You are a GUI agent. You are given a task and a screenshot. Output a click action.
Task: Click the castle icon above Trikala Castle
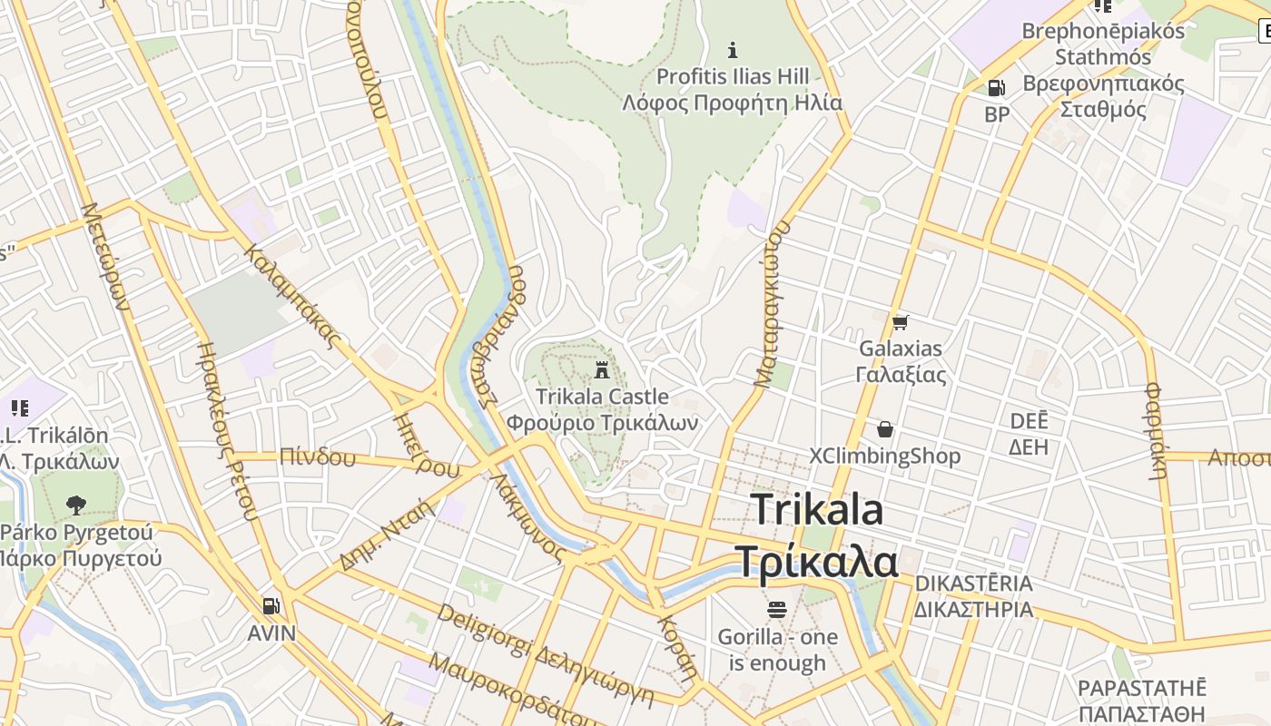pyautogui.click(x=601, y=369)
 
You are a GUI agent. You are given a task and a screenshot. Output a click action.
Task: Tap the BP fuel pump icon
pyautogui.click(x=996, y=88)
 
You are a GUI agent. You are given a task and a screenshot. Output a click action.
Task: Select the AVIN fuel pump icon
pyautogui.click(x=271, y=606)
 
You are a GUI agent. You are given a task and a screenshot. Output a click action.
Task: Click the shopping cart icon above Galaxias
pyautogui.click(x=900, y=322)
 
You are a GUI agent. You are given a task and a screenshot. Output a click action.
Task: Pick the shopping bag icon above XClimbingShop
pyautogui.click(x=884, y=429)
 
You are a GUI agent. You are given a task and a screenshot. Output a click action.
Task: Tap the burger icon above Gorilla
pyautogui.click(x=776, y=609)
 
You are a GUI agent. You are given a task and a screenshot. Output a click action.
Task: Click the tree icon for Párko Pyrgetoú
pyautogui.click(x=76, y=505)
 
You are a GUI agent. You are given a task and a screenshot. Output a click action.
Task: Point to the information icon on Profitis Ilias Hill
pyautogui.click(x=733, y=50)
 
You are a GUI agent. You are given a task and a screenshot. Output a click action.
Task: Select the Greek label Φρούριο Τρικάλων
pyautogui.click(x=602, y=423)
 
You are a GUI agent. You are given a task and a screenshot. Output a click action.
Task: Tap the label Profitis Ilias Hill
pyautogui.click(x=732, y=76)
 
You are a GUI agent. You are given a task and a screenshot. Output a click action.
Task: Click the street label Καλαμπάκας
pyautogui.click(x=292, y=296)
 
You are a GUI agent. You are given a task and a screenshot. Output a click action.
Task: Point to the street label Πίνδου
pyautogui.click(x=318, y=456)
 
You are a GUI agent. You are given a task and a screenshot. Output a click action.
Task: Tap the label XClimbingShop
pyautogui.click(x=884, y=456)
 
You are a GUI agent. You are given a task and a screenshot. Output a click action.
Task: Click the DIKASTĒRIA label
pyautogui.click(x=973, y=583)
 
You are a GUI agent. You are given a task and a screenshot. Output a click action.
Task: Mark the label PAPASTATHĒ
pyautogui.click(x=1142, y=687)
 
